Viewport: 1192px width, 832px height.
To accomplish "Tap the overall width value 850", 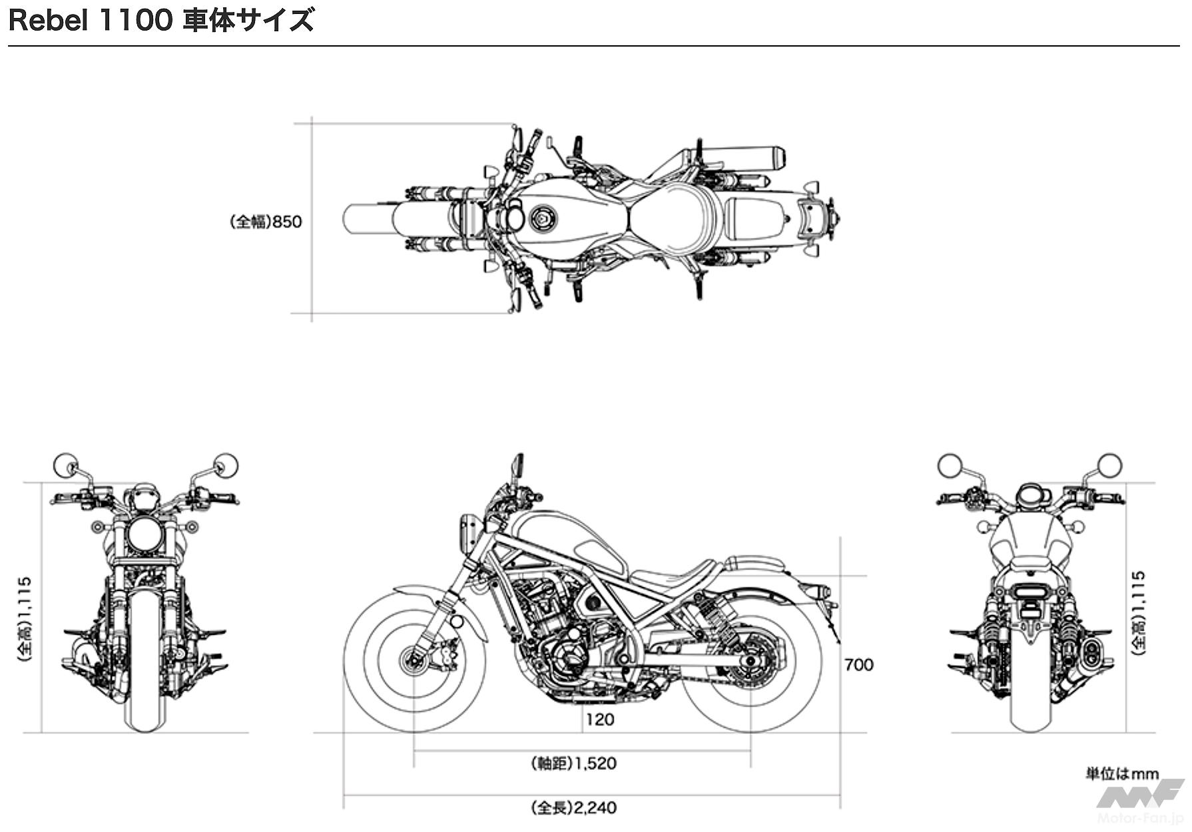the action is (287, 222).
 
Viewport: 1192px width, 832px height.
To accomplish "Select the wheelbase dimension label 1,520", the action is (596, 763).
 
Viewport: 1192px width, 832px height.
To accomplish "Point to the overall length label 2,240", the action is (595, 808).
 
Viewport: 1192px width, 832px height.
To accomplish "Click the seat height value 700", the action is (858, 665).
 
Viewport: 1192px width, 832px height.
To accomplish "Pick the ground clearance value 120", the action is (600, 720).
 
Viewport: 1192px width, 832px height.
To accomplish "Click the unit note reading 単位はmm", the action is (1123, 774).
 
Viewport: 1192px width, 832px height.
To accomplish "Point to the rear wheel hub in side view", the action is (751, 660).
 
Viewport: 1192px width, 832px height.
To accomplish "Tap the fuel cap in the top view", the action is (541, 218).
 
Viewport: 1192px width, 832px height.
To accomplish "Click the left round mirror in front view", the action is (65, 465).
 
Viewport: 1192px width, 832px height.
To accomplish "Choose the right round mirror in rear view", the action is (1109, 465).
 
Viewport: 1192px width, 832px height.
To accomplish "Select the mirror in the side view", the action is (517, 463).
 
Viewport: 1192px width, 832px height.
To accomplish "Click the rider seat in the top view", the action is (673, 218).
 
